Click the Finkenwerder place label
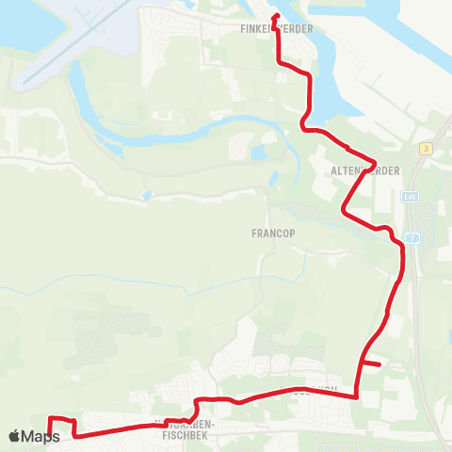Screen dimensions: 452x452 [x=271, y=29]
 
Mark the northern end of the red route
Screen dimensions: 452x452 [x=275, y=17]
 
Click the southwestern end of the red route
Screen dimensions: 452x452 [x=49, y=436]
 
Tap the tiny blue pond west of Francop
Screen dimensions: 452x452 [x=145, y=197]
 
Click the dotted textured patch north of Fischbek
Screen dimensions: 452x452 [x=108, y=339]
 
